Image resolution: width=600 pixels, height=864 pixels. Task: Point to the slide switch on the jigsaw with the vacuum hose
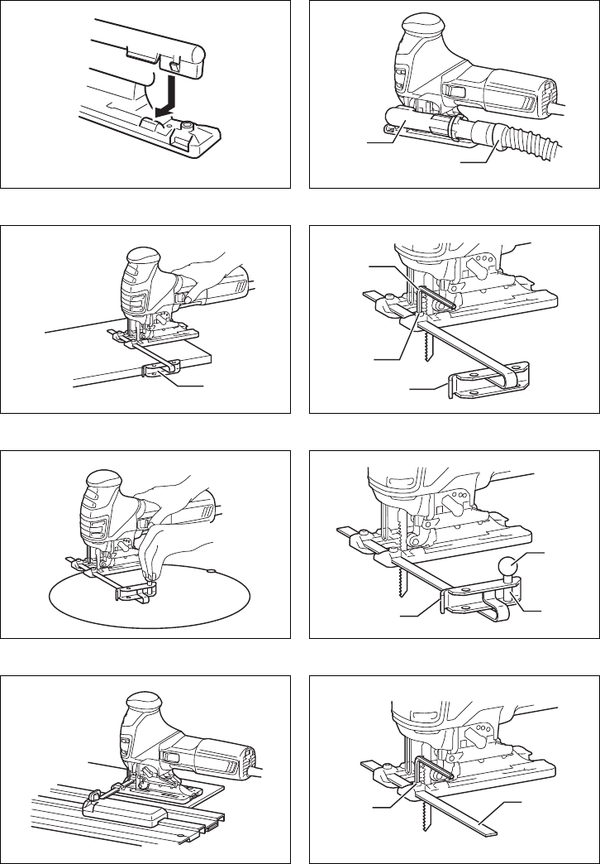coord(453,91)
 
